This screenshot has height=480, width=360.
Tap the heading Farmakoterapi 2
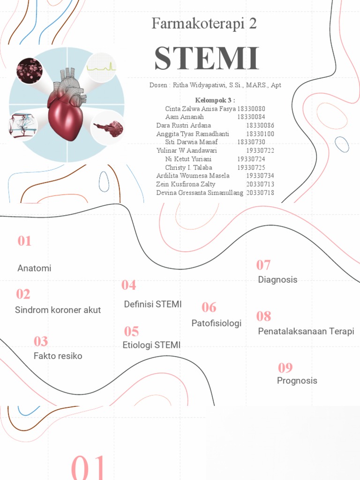(204, 24)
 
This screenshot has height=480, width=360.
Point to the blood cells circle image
(30, 71)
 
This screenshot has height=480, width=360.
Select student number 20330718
(260, 193)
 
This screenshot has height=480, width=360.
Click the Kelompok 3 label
(215, 100)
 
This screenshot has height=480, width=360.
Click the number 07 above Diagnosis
(263, 265)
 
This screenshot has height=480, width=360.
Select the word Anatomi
(34, 269)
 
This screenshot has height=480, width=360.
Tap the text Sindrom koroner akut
(58, 310)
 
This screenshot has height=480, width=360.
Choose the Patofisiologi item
(216, 323)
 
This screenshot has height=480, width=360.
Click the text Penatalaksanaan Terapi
(306, 331)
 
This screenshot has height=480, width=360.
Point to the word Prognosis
(297, 381)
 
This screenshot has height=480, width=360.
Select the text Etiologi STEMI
(151, 345)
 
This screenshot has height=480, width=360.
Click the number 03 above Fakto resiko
(41, 342)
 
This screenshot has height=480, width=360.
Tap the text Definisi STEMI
(153, 304)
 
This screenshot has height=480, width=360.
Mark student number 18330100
(260, 134)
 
